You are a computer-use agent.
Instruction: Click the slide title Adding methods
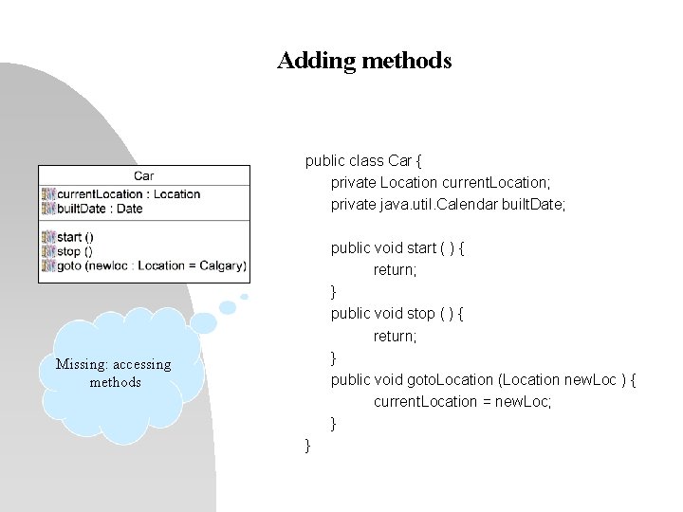[x=364, y=62]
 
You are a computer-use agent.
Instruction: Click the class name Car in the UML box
[x=144, y=175]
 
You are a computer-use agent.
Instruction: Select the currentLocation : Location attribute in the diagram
[x=128, y=194]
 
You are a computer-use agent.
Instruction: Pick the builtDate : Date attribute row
[x=100, y=209]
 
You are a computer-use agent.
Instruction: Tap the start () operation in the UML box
[x=75, y=237]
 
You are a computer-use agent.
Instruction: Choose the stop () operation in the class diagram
[x=75, y=251]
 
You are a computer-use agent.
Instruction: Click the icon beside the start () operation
[x=48, y=237]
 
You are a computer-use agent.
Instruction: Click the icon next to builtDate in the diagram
[x=48, y=209]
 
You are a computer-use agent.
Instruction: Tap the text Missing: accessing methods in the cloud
[x=114, y=373]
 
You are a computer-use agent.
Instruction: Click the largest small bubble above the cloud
[x=228, y=307]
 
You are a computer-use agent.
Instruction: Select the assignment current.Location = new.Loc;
[x=462, y=401]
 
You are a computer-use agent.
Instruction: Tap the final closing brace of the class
[x=307, y=445]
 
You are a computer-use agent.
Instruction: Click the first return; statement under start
[x=395, y=270]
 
